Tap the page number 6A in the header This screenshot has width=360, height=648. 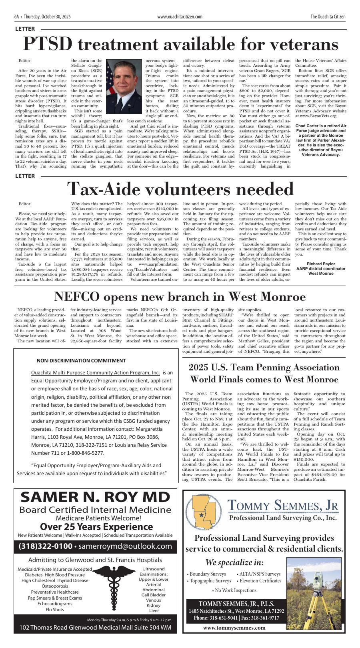point(16,17)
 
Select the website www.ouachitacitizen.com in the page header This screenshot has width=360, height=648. point(180,17)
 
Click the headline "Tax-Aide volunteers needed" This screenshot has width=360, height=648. point(180,189)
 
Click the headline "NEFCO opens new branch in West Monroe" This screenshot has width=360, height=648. point(180,297)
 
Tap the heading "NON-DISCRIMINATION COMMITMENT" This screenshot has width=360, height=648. point(81,360)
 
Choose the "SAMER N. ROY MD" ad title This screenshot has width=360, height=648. point(95,497)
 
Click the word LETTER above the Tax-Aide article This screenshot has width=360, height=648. point(25,176)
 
